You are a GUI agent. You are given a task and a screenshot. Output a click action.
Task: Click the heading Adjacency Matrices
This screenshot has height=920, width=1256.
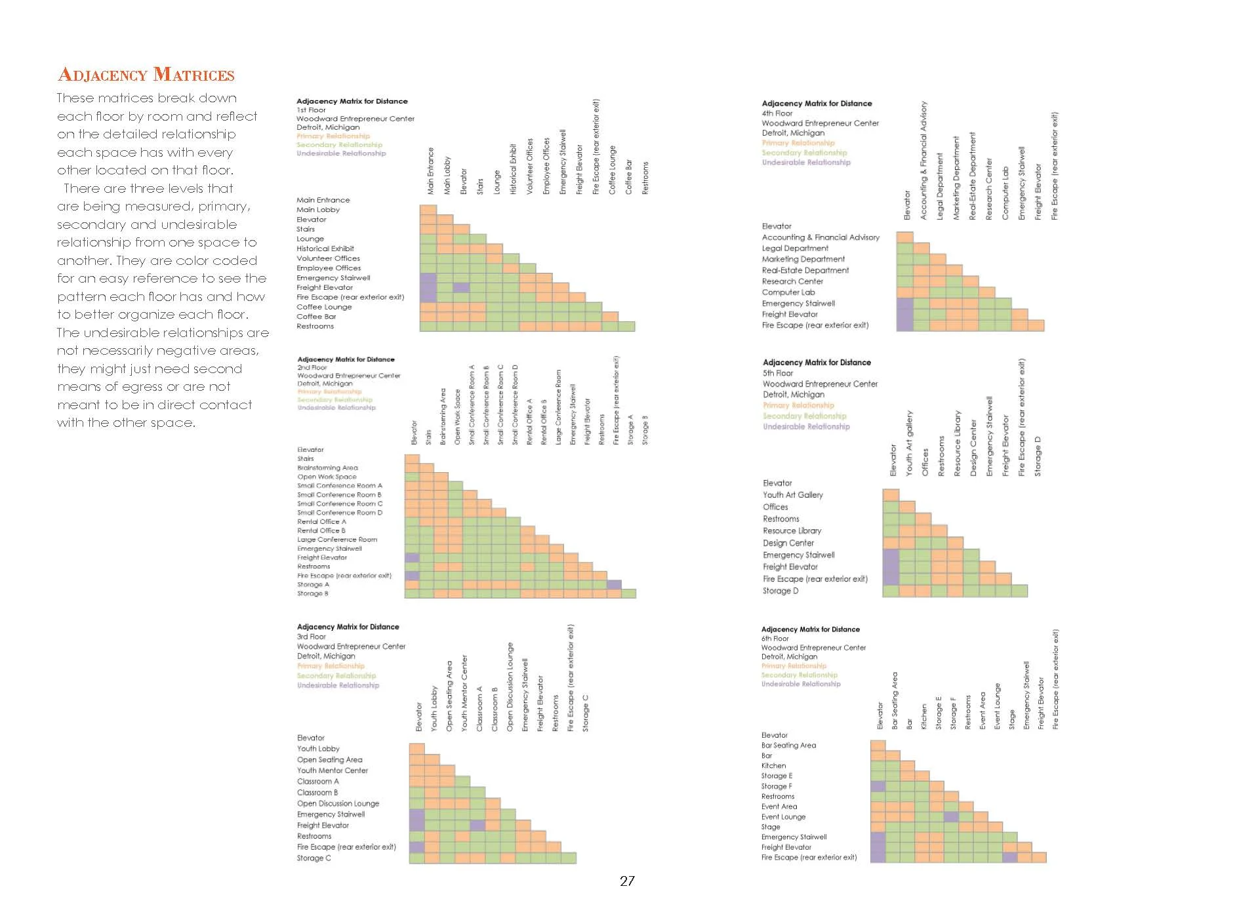tap(146, 75)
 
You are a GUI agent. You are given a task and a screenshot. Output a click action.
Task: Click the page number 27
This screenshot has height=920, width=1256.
tap(627, 881)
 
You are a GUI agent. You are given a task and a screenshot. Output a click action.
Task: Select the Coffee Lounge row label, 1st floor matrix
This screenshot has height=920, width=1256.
tap(324, 307)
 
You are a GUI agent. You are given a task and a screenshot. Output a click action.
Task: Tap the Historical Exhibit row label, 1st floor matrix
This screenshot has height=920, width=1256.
tap(325, 249)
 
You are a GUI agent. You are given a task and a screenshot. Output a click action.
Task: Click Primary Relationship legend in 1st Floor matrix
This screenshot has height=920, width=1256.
tap(333, 136)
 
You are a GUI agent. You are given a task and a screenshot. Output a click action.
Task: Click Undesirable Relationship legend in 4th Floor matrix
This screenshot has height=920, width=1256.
tap(805, 163)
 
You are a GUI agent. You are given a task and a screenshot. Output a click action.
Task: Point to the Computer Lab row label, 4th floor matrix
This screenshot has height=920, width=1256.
tap(788, 292)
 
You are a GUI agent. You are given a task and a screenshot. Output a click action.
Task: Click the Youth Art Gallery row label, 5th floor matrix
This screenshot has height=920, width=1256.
tap(792, 495)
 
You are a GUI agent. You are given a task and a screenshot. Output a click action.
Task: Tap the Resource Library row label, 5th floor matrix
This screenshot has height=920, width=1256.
tap(792, 531)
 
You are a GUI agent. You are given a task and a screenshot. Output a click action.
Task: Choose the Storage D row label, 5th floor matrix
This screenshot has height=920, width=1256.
tap(780, 591)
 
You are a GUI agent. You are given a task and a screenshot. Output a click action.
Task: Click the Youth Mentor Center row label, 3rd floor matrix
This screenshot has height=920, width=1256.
tap(332, 770)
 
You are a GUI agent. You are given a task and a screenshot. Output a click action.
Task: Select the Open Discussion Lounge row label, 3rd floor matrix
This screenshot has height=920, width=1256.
tap(338, 803)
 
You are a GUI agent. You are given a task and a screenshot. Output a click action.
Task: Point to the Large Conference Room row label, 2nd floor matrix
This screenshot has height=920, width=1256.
tap(336, 540)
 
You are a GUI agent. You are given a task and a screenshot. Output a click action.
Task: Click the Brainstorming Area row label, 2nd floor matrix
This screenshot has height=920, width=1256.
tap(327, 468)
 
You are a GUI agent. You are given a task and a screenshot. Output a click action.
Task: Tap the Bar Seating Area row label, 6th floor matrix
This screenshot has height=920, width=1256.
tap(788, 746)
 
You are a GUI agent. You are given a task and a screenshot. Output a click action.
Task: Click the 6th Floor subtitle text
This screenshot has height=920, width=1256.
tap(775, 639)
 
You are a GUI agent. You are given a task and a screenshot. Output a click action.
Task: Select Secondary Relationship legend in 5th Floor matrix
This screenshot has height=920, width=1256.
tap(804, 416)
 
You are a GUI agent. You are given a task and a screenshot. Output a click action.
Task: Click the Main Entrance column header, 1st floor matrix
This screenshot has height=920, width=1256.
tap(431, 171)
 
